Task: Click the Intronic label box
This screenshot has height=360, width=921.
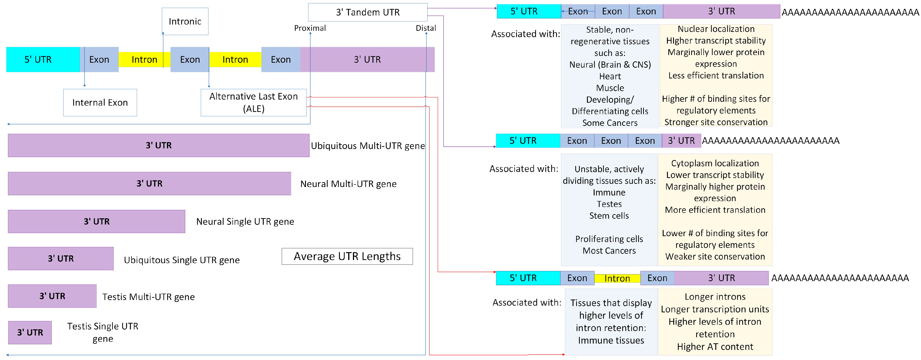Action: point(185,21)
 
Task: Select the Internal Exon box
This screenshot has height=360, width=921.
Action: point(100,103)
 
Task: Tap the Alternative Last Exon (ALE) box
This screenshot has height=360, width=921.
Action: point(254,103)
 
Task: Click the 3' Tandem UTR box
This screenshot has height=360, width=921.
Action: point(368,12)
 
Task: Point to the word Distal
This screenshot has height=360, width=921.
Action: point(426,28)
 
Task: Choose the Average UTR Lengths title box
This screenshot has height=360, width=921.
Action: point(347,256)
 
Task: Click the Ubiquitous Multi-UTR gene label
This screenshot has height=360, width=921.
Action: point(368,146)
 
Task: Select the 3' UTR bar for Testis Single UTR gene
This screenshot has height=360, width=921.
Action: point(30,333)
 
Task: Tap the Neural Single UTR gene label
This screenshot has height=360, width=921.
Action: point(245,222)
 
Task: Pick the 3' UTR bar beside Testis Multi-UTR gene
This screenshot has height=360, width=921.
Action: point(52,296)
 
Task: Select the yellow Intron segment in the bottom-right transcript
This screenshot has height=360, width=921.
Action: point(617,278)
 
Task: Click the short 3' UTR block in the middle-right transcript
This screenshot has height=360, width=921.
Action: point(681,140)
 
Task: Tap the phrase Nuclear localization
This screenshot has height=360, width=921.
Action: point(716,29)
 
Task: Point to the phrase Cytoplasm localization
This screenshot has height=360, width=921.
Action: point(715,163)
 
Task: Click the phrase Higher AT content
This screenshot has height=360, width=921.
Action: point(715,347)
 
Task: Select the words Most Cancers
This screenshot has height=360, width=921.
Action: point(609,251)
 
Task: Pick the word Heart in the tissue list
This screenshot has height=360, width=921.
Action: point(610,76)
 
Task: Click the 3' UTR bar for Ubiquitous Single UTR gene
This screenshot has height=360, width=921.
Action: point(61,258)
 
